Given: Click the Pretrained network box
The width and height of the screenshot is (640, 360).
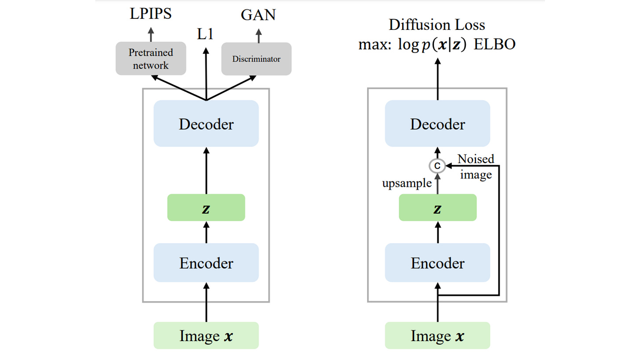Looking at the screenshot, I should pyautogui.click(x=151, y=59).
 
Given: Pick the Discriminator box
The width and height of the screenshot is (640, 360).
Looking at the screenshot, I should pyautogui.click(x=256, y=58).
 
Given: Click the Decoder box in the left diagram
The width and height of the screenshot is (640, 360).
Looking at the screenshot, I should pyautogui.click(x=206, y=124).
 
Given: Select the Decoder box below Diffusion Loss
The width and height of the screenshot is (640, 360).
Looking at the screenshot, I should pyautogui.click(x=437, y=124).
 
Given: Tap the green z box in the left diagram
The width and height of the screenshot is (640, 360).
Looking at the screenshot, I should pyautogui.click(x=206, y=207).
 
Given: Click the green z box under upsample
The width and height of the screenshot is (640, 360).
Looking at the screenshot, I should pyautogui.click(x=437, y=207).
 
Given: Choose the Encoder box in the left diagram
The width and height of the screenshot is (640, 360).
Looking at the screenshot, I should pyautogui.click(x=206, y=262).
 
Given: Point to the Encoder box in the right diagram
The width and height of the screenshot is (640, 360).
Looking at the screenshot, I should pyautogui.click(x=437, y=262).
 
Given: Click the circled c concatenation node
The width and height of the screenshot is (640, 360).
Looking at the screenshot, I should pyautogui.click(x=437, y=166).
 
